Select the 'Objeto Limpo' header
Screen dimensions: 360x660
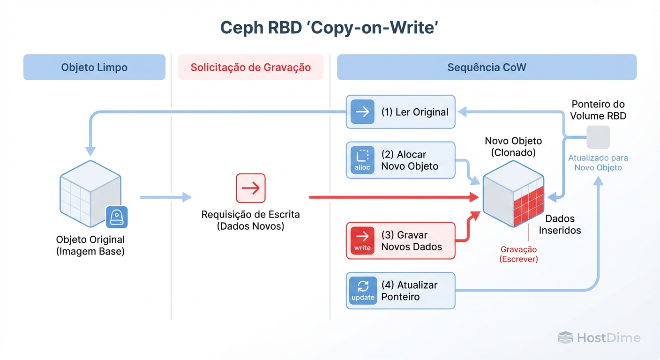(94, 67)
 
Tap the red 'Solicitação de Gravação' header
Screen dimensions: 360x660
(250, 67)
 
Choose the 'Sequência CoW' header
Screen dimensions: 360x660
(487, 67)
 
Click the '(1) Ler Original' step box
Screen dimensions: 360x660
(400, 112)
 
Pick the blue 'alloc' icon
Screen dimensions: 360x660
(362, 160)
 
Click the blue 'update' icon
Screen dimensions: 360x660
(363, 291)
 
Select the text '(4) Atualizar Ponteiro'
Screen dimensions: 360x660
(409, 291)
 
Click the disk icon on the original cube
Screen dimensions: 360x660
(116, 217)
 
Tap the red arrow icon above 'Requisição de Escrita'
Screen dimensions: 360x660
(251, 188)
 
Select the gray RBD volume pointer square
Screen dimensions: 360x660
(598, 137)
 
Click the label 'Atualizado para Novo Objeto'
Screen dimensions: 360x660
(598, 163)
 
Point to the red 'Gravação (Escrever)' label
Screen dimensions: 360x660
(518, 254)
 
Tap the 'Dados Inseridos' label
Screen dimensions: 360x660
(560, 225)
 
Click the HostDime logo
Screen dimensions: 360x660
(599, 337)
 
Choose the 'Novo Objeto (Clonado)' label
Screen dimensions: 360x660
(513, 146)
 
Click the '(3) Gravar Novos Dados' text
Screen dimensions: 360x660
(412, 241)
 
